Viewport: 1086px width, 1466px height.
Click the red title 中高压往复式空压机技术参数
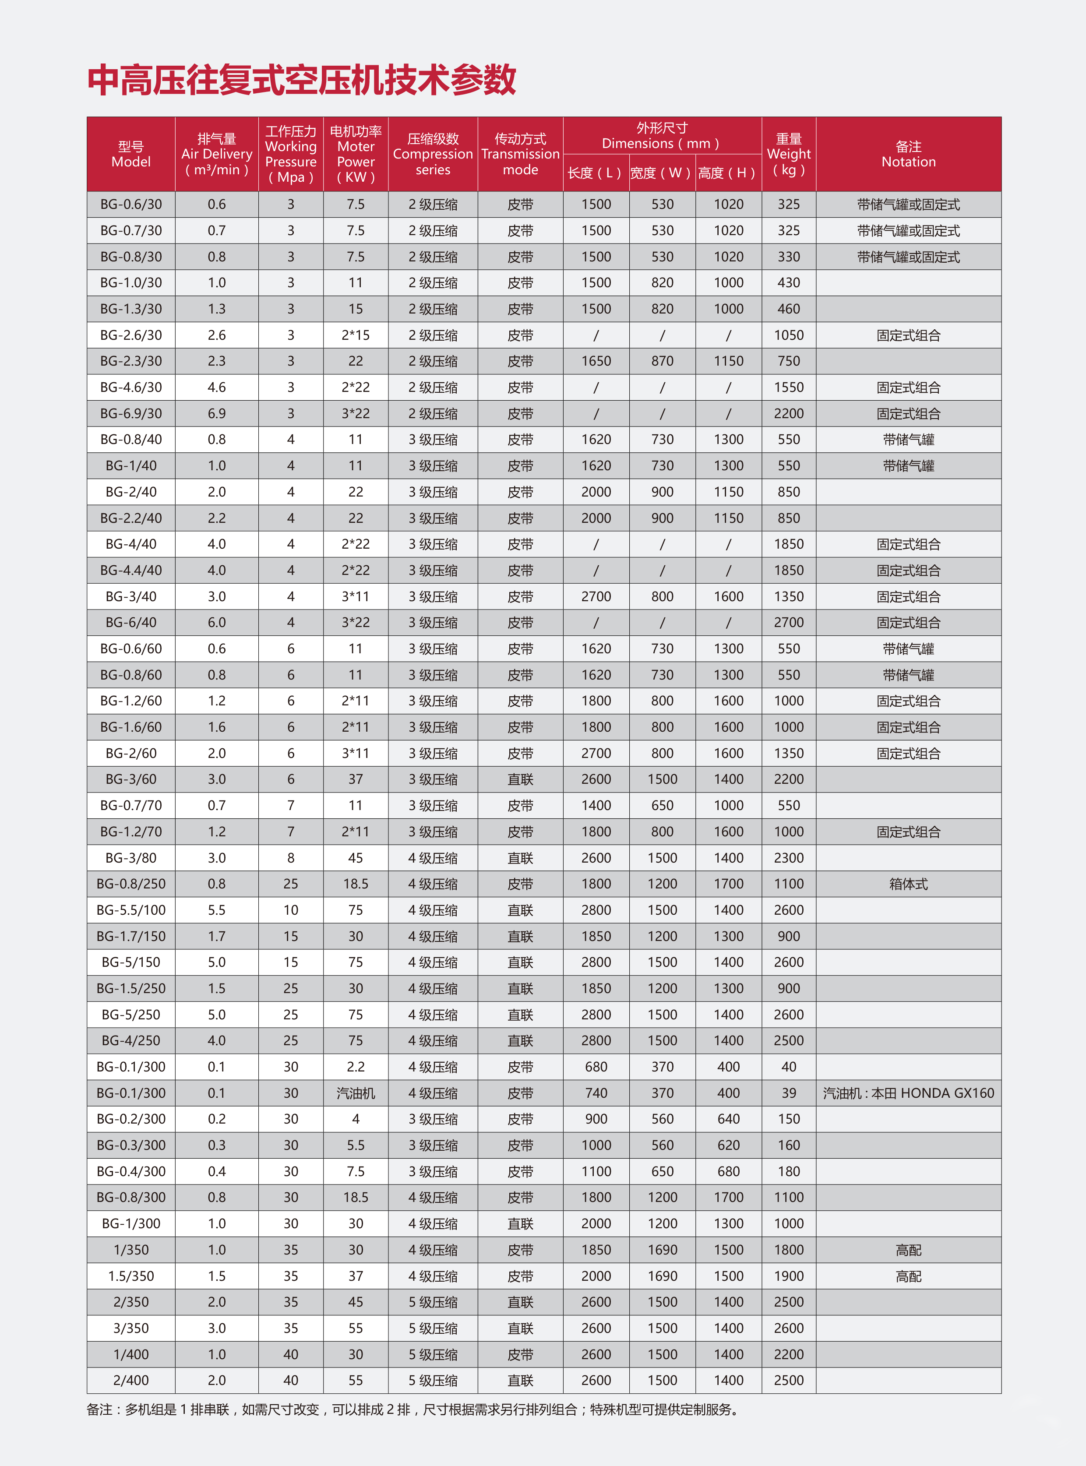tap(302, 80)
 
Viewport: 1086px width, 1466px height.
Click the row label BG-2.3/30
tap(131, 361)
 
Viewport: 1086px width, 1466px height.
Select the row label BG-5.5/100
tap(131, 910)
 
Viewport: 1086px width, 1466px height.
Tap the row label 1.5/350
tap(131, 1276)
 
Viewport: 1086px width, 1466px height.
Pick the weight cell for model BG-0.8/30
tap(788, 257)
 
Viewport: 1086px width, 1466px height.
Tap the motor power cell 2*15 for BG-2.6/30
tap(356, 335)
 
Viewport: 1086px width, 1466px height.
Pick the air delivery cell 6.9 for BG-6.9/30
tap(216, 413)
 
